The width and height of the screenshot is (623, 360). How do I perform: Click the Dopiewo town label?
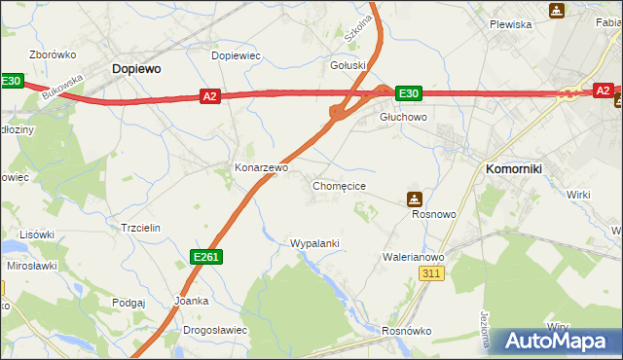[x=135, y=69]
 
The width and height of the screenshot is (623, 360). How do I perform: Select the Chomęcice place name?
[x=339, y=185]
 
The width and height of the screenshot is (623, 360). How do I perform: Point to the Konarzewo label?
[x=261, y=167]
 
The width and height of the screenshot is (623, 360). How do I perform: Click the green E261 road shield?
[x=206, y=256]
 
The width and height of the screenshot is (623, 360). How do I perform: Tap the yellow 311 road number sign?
[x=433, y=275]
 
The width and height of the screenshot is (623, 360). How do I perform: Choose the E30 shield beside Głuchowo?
[x=408, y=93]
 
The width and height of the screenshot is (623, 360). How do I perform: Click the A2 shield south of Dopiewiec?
[x=210, y=95]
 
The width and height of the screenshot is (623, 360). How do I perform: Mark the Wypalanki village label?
[x=314, y=242]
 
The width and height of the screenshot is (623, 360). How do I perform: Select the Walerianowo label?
[x=413, y=257]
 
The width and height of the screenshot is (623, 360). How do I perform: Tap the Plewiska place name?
[x=510, y=24]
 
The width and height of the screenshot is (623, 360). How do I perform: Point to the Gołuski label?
[x=348, y=65]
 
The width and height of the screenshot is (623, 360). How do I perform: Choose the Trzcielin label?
[x=140, y=227]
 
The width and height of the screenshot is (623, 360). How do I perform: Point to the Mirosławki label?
[x=30, y=265]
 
